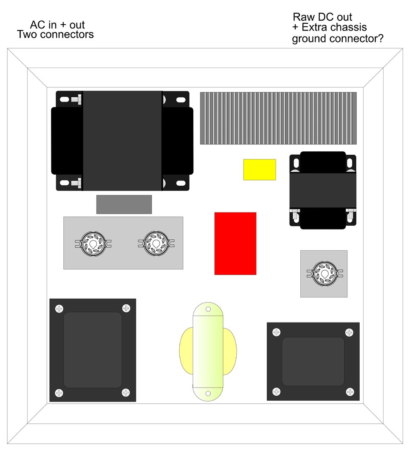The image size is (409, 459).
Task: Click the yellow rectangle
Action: [x=260, y=170]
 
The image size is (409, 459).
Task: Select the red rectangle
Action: [x=235, y=244]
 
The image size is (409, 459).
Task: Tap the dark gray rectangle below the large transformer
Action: [x=124, y=204]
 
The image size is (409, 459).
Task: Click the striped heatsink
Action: [x=278, y=118]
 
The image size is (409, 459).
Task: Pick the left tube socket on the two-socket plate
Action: [x=93, y=244]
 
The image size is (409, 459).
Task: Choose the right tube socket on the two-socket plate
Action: [x=156, y=244]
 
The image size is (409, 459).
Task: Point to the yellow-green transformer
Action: [x=208, y=351]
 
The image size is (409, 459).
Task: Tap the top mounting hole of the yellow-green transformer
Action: [x=208, y=309]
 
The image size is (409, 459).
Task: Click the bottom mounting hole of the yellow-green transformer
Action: [x=208, y=394]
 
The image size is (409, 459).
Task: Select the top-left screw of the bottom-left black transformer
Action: [x=59, y=309]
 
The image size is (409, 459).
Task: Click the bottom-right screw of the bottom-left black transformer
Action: [x=126, y=392]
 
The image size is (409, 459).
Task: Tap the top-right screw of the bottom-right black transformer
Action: [x=349, y=332]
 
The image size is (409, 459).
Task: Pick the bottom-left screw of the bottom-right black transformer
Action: [x=276, y=391]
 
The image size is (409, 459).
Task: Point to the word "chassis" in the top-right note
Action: [x=348, y=27]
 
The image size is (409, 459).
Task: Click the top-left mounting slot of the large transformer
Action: [x=65, y=99]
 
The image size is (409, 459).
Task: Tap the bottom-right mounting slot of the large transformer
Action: [x=181, y=183]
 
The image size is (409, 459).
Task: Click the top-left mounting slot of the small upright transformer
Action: [x=296, y=162]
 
